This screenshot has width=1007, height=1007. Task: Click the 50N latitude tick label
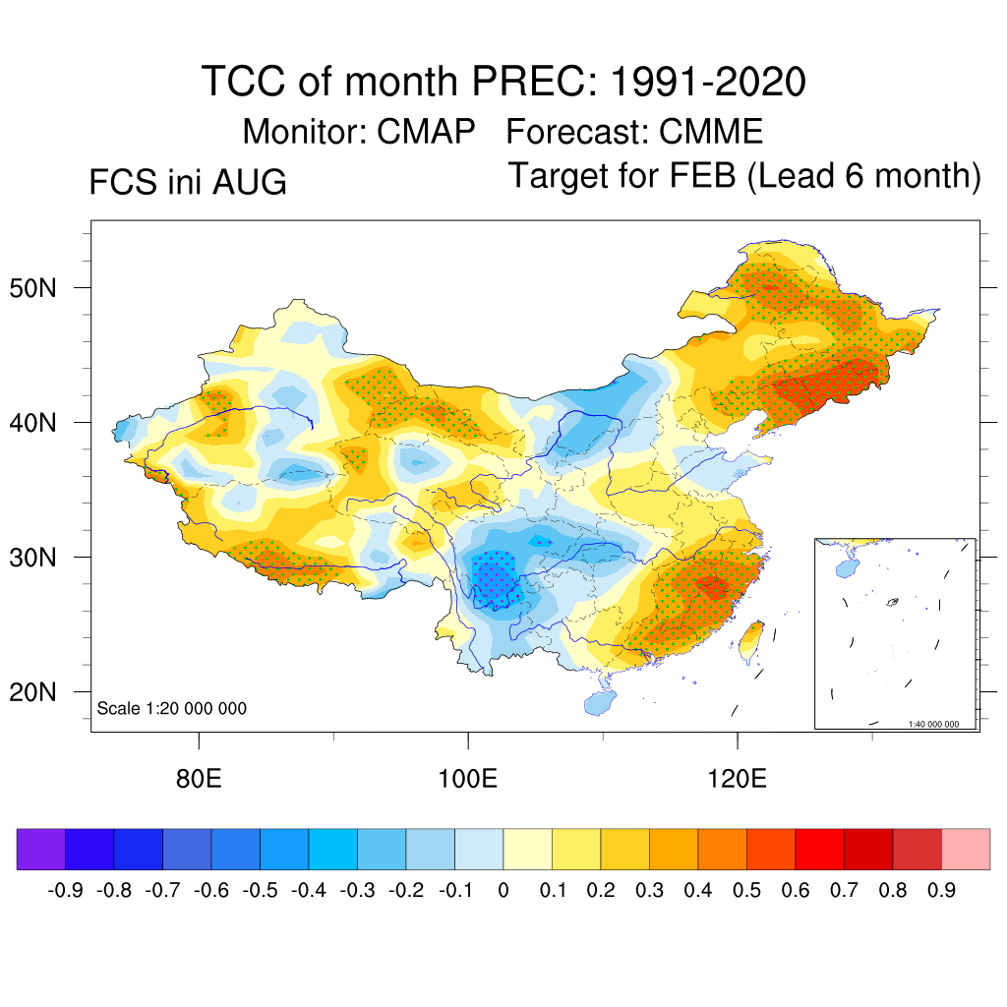[x=32, y=288]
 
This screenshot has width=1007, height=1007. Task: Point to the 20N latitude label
[x=32, y=692]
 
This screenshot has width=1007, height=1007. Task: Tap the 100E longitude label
[x=467, y=779]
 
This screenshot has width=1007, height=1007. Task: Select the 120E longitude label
[x=737, y=779]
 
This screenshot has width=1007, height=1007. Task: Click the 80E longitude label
[x=199, y=779]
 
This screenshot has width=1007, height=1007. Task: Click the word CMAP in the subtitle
[x=426, y=132]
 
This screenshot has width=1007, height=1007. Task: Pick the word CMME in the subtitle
[x=711, y=132]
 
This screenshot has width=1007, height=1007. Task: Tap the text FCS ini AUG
[x=188, y=182]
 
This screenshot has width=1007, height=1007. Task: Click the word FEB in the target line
[x=702, y=175]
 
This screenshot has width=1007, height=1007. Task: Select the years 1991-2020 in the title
[x=708, y=82]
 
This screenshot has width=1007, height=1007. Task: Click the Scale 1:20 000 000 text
[x=171, y=708]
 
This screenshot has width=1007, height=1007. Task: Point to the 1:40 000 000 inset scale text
[x=933, y=724]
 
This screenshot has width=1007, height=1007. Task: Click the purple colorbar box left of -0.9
[x=41, y=849]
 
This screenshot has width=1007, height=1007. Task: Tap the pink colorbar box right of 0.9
[x=966, y=849]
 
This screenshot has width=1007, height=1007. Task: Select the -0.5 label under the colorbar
[x=260, y=890]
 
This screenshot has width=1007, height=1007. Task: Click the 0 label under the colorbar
[x=503, y=890]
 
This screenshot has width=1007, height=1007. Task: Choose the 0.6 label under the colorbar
[x=795, y=890]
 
